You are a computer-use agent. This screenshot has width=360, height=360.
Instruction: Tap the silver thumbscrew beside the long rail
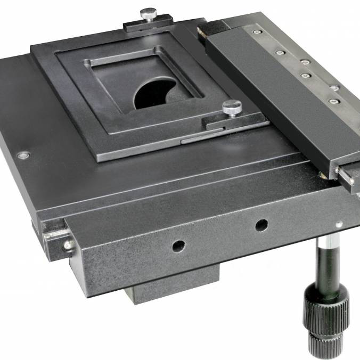coord(232,107)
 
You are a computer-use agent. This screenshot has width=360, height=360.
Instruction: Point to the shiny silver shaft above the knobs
coord(326,260)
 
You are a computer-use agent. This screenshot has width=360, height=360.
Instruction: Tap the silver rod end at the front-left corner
coord(68,244)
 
